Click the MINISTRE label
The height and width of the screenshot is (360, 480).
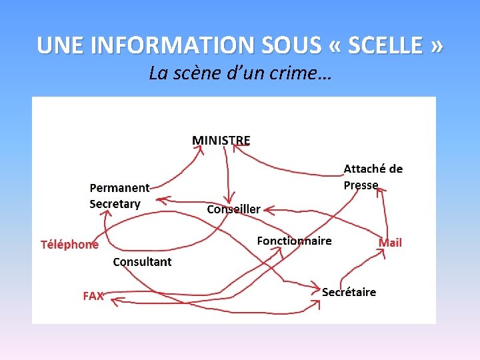tap(221, 141)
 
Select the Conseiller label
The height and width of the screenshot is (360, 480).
tap(233, 209)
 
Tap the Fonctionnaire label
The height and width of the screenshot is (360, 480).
tap(294, 241)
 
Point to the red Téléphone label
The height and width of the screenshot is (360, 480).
tap(69, 244)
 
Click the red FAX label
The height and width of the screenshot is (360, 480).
tap(93, 295)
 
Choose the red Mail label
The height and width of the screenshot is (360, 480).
tap(390, 243)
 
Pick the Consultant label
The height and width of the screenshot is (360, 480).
tap(142, 262)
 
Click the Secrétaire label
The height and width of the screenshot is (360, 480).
tap(349, 292)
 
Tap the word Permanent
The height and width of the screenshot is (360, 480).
tap(119, 189)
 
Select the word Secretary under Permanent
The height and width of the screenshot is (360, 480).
tap(115, 204)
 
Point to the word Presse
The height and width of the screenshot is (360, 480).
tap(361, 185)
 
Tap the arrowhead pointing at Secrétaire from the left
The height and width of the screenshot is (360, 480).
tap(317, 287)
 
